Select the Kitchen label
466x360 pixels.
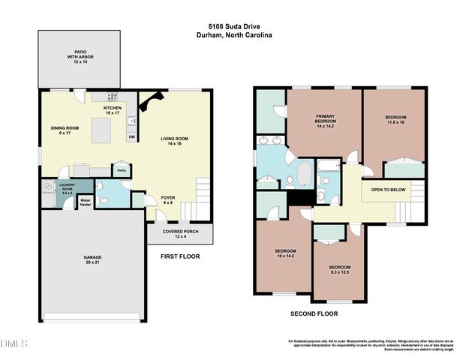[x=113, y=110]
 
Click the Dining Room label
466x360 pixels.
[x=65, y=130]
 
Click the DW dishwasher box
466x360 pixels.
[x=131, y=137]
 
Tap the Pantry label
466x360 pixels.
[x=120, y=170]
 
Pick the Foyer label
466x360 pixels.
[x=168, y=200]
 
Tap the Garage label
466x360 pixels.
[x=93, y=260]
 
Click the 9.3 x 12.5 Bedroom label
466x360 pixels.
[x=339, y=269]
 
